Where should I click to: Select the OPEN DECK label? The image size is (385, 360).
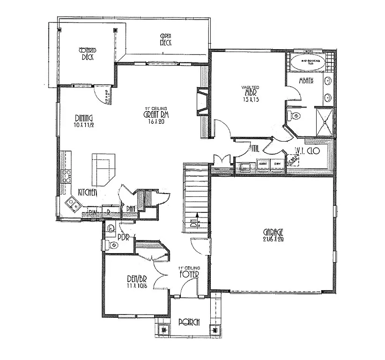166,39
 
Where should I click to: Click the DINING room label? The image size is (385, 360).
83,118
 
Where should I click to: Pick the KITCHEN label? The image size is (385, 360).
87,192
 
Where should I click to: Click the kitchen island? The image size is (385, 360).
103,169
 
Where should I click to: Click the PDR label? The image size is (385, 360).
123,237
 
